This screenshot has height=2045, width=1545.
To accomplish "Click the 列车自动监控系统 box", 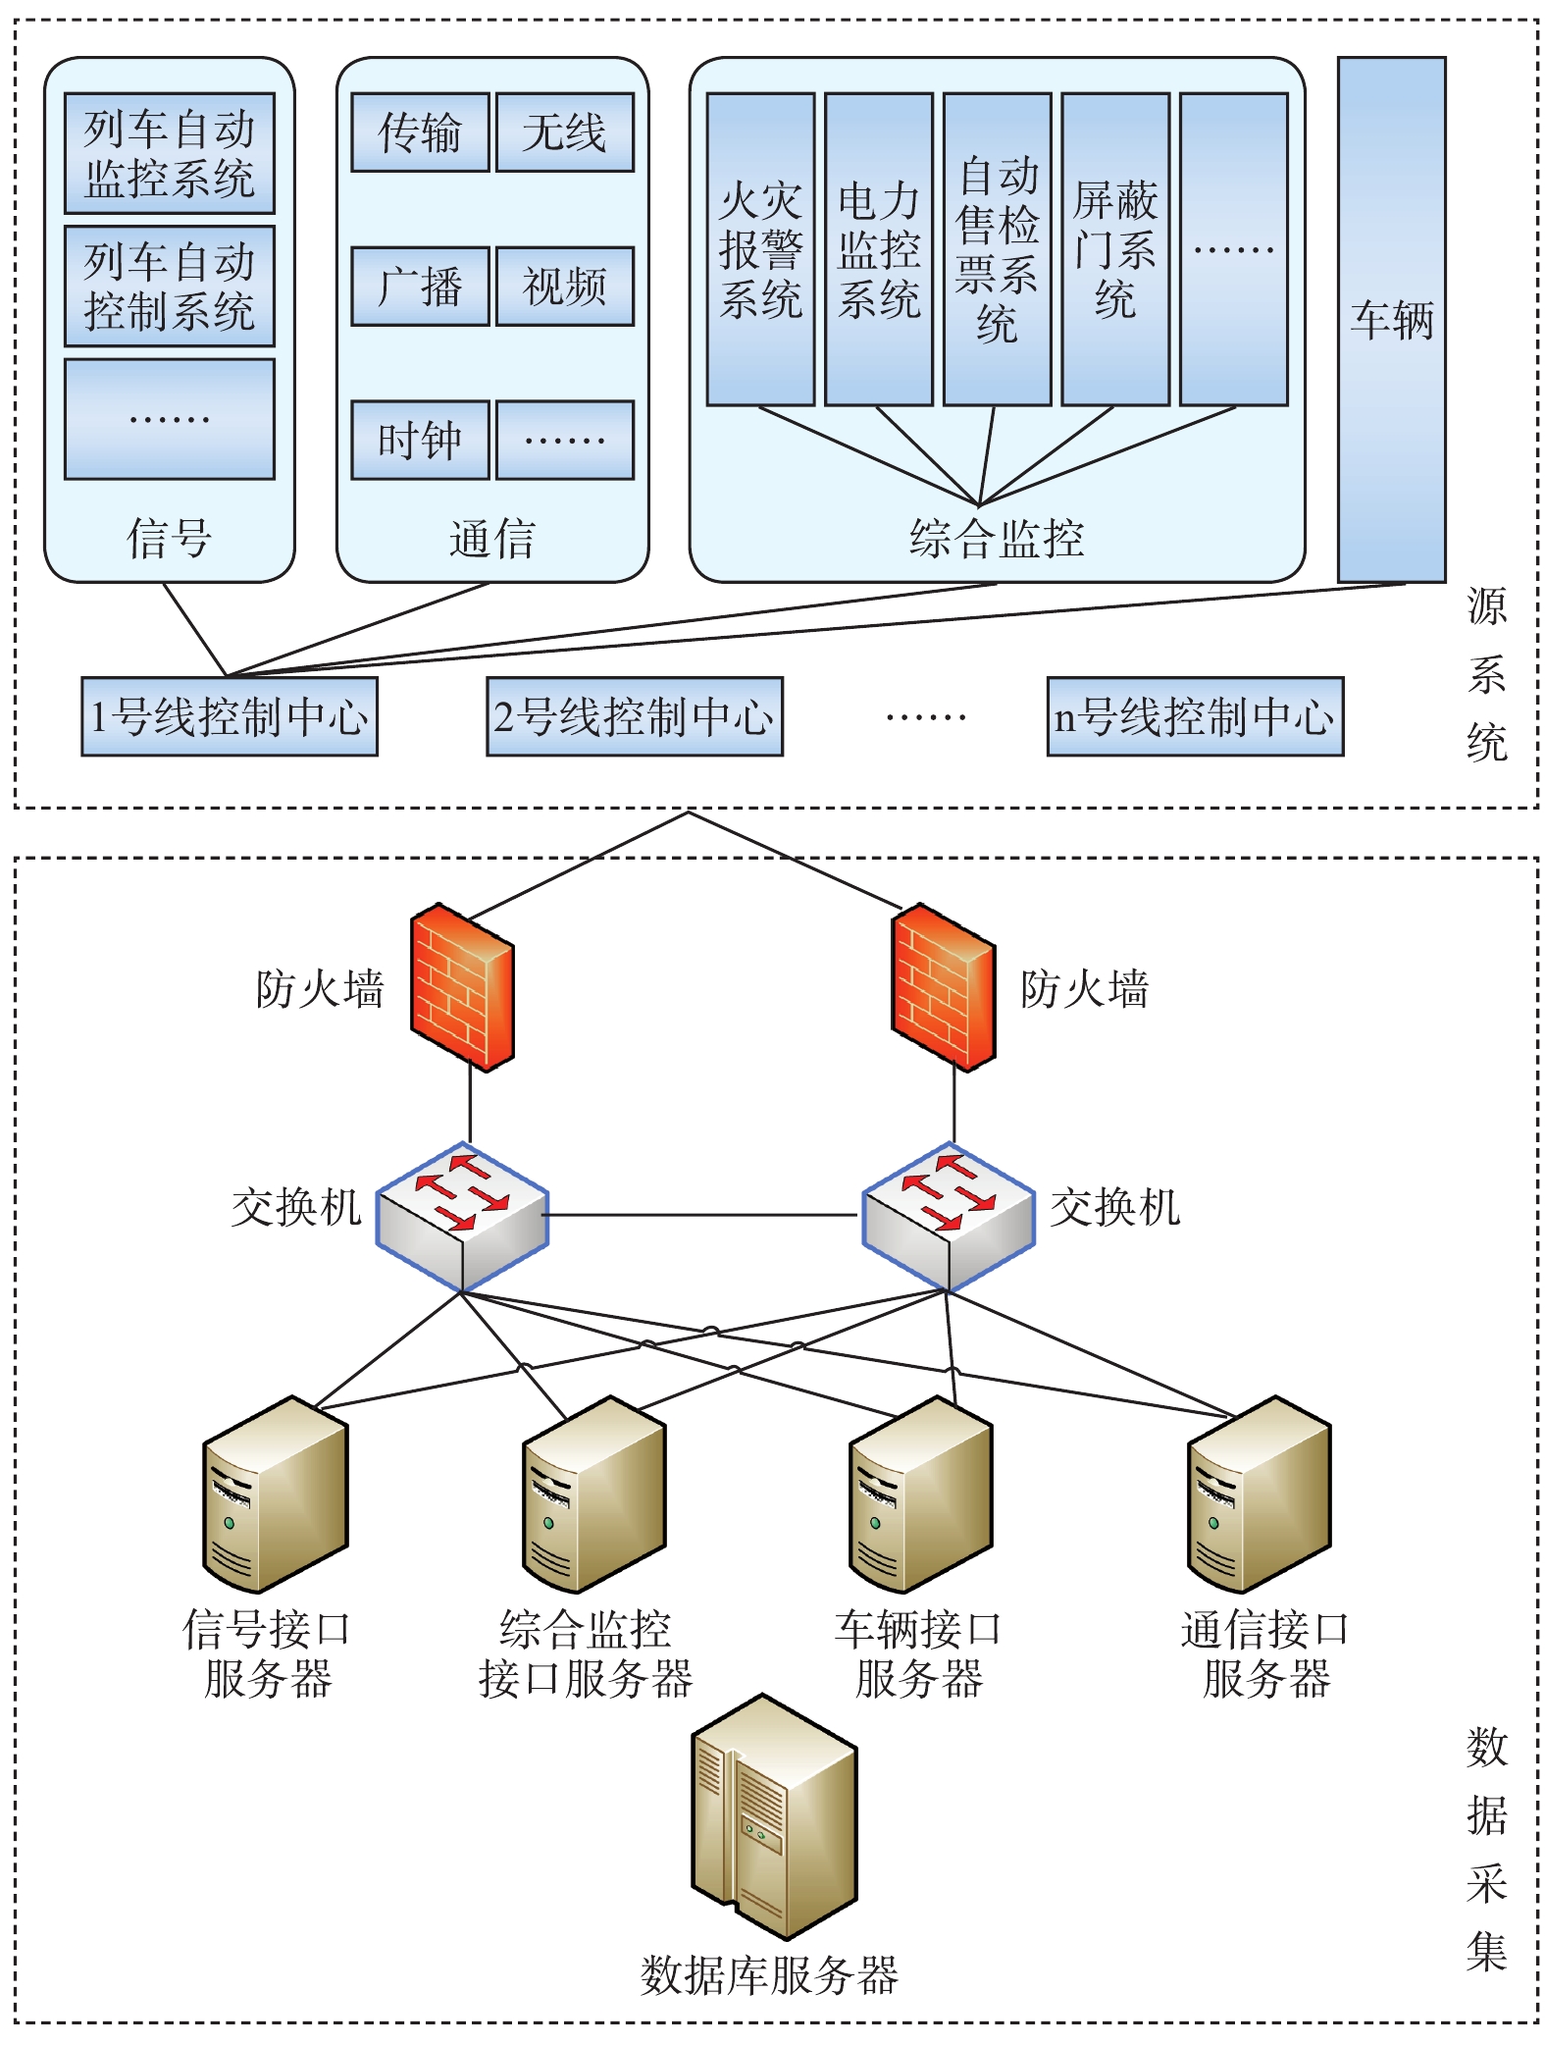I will (x=169, y=153).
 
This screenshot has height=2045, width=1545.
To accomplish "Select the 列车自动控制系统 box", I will (x=169, y=286).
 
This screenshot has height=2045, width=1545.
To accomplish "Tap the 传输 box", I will (x=420, y=132).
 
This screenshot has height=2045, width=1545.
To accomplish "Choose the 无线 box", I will (x=564, y=132).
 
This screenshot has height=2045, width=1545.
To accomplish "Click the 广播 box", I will (x=420, y=286).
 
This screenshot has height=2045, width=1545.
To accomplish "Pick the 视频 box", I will (x=564, y=286).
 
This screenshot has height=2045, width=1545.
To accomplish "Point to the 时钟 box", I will (x=420, y=440).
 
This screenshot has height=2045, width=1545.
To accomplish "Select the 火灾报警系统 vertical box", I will (x=760, y=249).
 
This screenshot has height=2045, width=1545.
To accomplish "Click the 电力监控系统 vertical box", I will (x=878, y=249).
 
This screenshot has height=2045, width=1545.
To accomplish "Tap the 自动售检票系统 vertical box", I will (x=997, y=249).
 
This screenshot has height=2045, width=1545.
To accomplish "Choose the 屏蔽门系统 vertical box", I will (x=1115, y=249).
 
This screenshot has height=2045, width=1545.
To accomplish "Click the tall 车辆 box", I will (x=1391, y=319).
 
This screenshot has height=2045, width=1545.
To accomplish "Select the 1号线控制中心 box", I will (x=229, y=716).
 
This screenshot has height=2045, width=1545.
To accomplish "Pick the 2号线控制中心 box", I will (x=634, y=716).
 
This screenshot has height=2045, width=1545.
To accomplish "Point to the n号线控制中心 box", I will (x=1194, y=716).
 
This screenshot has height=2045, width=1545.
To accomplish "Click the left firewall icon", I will (x=462, y=986).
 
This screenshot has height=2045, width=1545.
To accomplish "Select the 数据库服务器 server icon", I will (x=774, y=1816).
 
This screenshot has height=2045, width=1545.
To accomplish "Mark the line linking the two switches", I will (x=701, y=1215).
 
